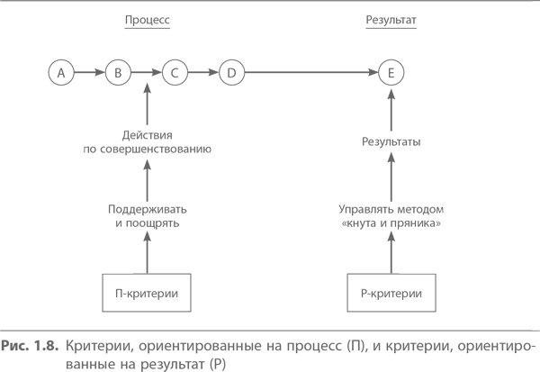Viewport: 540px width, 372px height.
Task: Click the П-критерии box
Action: (x=147, y=293)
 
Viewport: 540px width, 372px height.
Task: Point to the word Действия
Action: (x=147, y=132)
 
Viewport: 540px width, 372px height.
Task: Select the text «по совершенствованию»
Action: (x=147, y=147)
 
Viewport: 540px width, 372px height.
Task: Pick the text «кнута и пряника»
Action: (x=391, y=222)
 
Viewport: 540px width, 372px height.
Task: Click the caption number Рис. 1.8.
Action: (x=33, y=347)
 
